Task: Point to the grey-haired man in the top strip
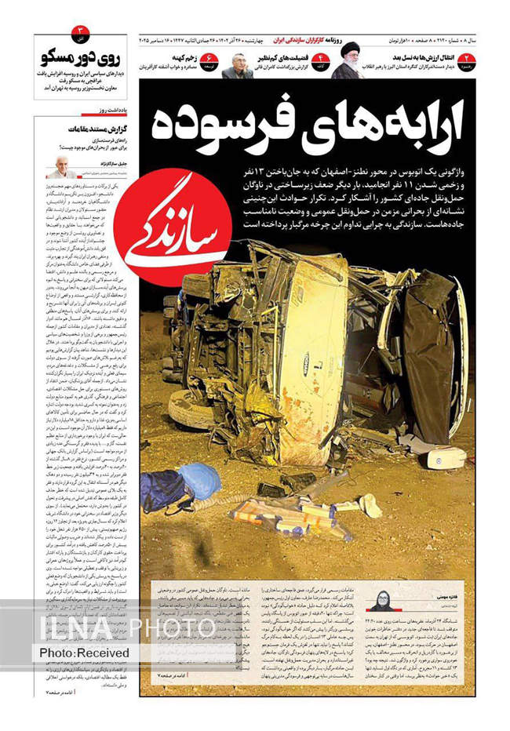[x=237, y=65]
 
